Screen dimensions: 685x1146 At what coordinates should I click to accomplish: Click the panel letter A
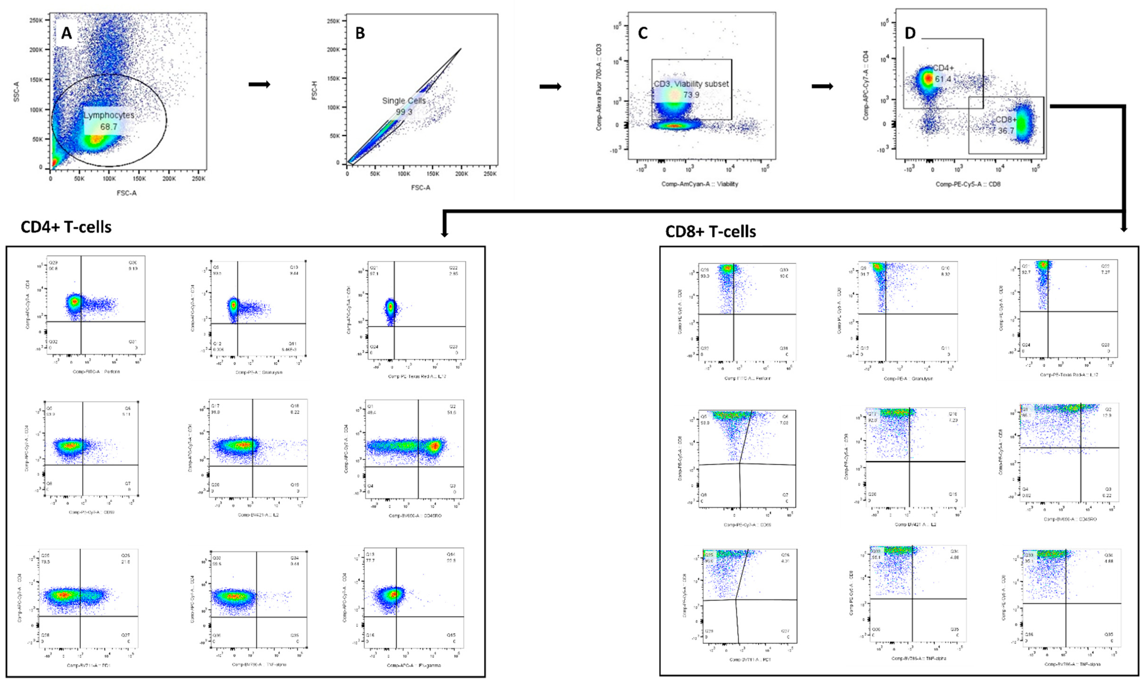[x=67, y=33]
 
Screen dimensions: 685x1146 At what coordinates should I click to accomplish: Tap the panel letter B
[x=360, y=33]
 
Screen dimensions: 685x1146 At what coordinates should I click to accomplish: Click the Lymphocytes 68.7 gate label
[x=109, y=121]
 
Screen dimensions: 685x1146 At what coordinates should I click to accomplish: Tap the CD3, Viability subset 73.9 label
[x=691, y=89]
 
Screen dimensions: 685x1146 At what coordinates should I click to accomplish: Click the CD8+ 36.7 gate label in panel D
[x=1006, y=125]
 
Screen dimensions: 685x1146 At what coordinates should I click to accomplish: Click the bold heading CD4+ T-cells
[x=66, y=227]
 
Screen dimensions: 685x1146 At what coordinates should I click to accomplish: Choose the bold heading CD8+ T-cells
[x=711, y=231]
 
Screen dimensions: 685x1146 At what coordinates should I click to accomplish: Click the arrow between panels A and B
[x=259, y=84]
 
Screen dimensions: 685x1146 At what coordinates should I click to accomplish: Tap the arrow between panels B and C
[x=550, y=86]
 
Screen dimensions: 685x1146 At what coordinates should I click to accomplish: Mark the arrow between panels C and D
[x=822, y=86]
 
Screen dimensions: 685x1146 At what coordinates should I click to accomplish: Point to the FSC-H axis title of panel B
[x=315, y=91]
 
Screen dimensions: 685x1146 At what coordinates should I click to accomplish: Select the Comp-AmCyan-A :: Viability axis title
[x=699, y=184]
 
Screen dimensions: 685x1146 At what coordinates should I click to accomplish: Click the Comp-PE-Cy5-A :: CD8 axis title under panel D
[x=968, y=184]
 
